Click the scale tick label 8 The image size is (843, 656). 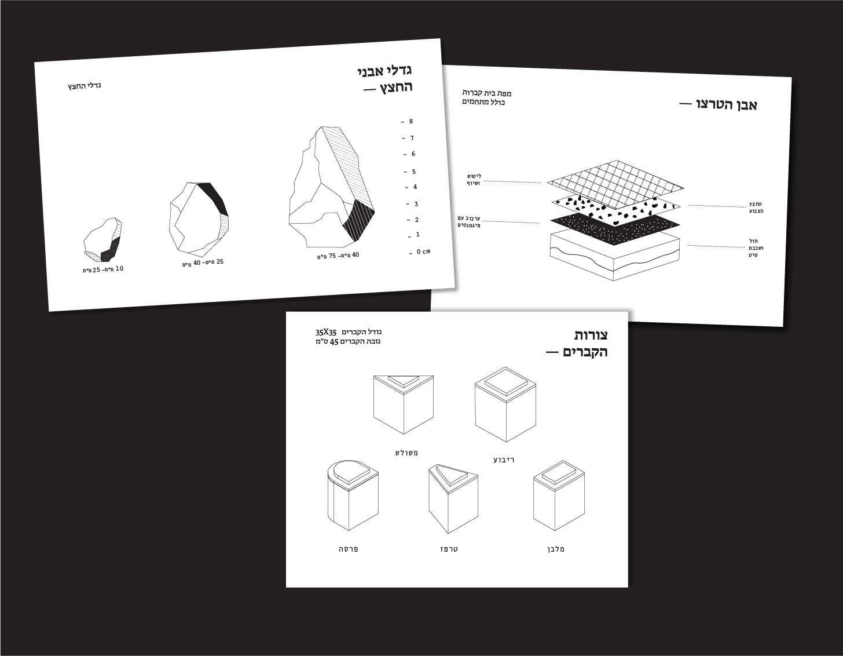click(x=411, y=122)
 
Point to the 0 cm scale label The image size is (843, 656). click(x=423, y=252)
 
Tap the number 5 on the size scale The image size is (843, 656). click(x=414, y=172)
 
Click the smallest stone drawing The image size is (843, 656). click(x=103, y=240)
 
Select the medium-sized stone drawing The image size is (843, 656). click(x=199, y=219)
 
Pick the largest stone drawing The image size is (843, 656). click(x=332, y=187)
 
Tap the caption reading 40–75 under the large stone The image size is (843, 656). click(x=338, y=256)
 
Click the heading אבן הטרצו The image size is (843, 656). click(x=718, y=105)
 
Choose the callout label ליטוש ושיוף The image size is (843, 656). click(x=474, y=180)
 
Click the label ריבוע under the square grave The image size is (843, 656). click(x=504, y=460)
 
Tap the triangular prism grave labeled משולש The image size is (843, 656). click(x=404, y=404)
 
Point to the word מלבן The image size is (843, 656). click(x=557, y=549)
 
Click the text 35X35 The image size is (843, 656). click(x=326, y=332)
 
